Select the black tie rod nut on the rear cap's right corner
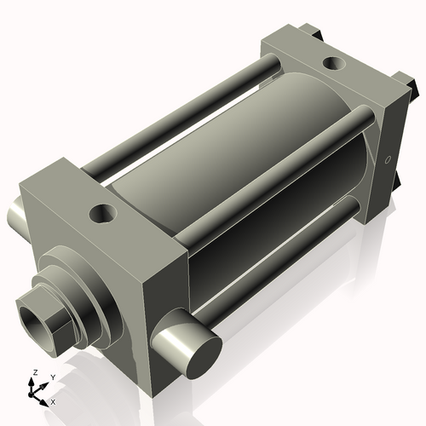pos(417,86)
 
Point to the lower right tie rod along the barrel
pos(281,256)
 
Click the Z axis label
pos(35,372)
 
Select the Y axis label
pos(52,377)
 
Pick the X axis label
pos(53,400)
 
